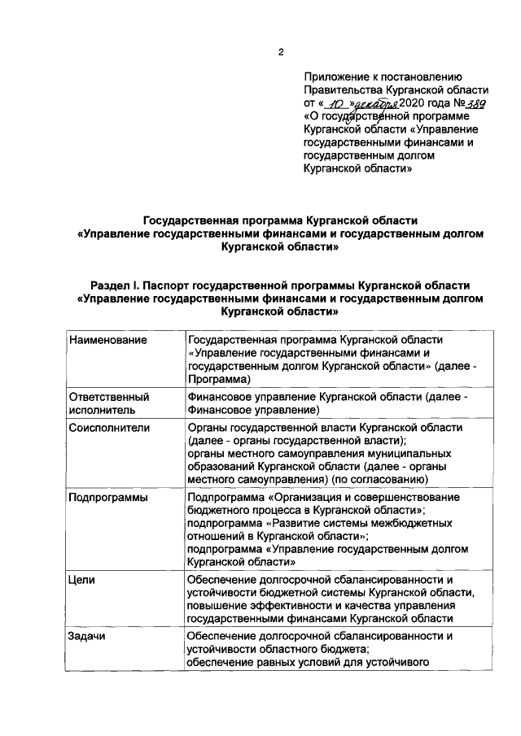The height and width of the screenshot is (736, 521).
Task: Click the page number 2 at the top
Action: point(281,53)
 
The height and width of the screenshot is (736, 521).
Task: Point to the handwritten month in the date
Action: point(375,105)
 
